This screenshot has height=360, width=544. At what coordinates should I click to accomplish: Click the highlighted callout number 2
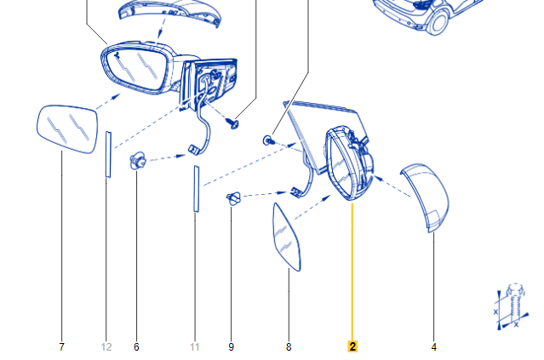352,346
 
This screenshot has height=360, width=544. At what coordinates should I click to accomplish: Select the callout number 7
62,347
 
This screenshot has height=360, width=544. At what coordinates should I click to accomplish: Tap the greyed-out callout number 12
106,347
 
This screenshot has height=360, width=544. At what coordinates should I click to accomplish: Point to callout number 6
136,347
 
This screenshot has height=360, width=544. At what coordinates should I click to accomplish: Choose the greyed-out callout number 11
194,347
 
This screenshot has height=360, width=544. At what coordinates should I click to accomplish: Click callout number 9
231,347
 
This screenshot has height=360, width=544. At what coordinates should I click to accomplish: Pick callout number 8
289,347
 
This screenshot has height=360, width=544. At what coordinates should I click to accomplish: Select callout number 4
433,347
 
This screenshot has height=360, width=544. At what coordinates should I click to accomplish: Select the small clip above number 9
234,199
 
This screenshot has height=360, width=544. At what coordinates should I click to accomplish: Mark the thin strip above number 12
108,153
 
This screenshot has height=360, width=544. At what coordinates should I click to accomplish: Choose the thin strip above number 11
195,188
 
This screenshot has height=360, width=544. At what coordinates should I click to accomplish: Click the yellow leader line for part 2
352,272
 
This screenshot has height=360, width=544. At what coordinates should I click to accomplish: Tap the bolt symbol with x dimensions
509,306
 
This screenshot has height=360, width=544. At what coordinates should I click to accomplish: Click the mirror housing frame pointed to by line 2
346,162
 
